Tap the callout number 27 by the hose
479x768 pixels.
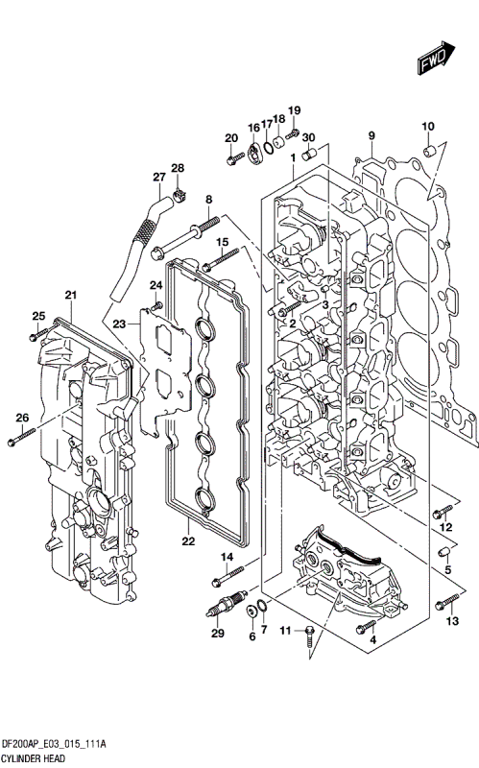click(x=159, y=177)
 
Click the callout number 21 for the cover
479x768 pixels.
click(x=70, y=294)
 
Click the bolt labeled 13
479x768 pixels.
click(x=445, y=602)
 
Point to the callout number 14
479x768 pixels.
click(x=228, y=558)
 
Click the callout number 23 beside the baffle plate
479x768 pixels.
click(x=119, y=324)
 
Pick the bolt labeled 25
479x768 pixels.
click(x=36, y=336)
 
